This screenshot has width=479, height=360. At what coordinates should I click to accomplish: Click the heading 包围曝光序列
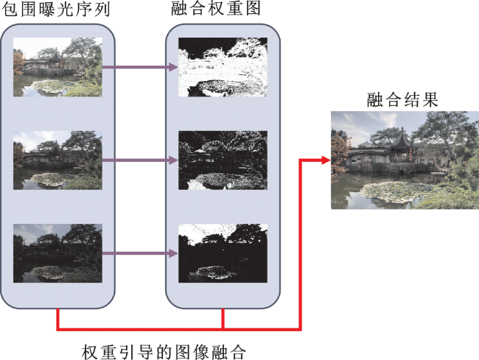(x=55, y=9)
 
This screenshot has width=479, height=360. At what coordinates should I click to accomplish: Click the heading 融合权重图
(x=216, y=8)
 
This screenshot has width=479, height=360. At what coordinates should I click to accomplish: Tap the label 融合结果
(x=402, y=99)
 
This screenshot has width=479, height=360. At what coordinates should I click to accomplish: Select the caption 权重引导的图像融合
(x=164, y=352)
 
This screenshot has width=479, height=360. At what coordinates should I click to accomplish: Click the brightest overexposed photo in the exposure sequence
(x=57, y=67)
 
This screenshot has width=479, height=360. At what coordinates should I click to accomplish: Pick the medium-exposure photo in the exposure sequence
(x=57, y=160)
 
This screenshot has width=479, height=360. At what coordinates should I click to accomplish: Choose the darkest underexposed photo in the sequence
(x=57, y=253)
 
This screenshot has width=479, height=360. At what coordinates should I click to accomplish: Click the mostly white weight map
(x=223, y=67)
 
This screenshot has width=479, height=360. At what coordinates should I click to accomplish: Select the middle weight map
(x=223, y=160)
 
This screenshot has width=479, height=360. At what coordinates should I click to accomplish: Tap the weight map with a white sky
(x=223, y=253)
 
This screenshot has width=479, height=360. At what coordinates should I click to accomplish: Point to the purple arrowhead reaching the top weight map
(x=173, y=67)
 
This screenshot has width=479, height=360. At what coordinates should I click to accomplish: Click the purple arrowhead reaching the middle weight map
(x=173, y=160)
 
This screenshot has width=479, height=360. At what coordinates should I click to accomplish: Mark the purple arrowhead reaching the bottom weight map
(x=173, y=253)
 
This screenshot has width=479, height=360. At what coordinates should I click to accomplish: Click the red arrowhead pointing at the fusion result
(x=326, y=160)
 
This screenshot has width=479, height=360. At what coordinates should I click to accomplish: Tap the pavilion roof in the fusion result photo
(x=402, y=139)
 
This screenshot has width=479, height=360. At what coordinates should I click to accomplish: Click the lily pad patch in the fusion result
(x=394, y=191)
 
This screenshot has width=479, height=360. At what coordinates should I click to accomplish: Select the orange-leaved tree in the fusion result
(x=340, y=152)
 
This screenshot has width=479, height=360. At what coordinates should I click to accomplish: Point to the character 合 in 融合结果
(x=394, y=99)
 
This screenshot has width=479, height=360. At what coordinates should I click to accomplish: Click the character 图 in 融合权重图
(x=253, y=8)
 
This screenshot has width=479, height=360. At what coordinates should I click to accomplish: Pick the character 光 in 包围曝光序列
(x=65, y=9)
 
